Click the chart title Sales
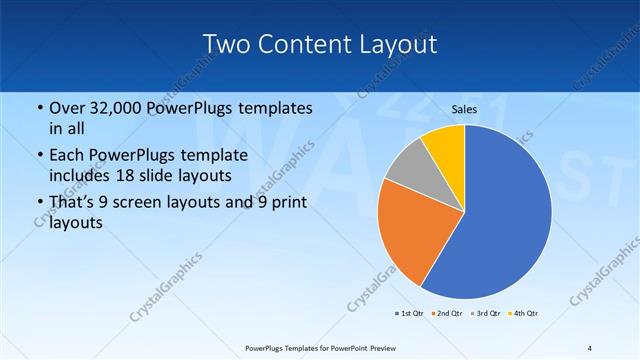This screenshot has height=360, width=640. pos(465,108)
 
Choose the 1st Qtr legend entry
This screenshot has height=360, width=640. pos(410,314)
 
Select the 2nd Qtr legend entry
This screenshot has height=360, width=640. pos(446,314)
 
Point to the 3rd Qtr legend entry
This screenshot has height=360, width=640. pos(485,314)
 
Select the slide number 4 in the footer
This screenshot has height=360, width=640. pos(590,347)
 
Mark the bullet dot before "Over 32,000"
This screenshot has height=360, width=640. pos(38,108)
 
